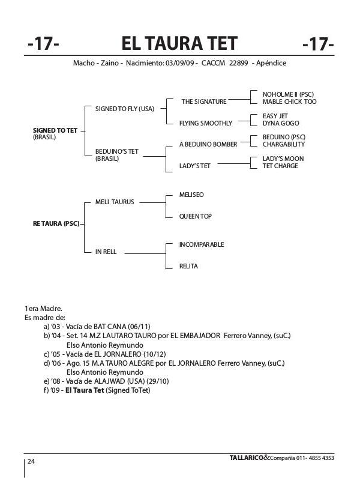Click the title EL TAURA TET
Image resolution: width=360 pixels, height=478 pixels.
click(x=179, y=44)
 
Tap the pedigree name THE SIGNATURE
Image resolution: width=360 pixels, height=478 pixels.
click(x=204, y=102)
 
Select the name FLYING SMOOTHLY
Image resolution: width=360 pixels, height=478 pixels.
click(x=205, y=123)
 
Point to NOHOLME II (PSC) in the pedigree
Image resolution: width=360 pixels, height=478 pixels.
click(x=288, y=95)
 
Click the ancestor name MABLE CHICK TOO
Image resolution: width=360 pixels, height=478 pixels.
click(x=289, y=102)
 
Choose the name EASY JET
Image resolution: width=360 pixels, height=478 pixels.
click(x=275, y=116)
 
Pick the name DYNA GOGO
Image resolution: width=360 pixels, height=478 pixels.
click(x=280, y=123)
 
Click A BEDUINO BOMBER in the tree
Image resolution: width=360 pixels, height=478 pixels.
click(x=208, y=145)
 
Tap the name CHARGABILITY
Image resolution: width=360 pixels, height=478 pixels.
click(x=284, y=145)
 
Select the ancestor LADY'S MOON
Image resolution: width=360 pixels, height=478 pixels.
click(x=283, y=159)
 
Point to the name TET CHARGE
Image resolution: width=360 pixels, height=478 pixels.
click(x=280, y=166)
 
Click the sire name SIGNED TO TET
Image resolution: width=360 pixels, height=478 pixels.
click(x=55, y=130)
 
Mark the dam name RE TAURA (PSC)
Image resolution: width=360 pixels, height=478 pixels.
click(x=56, y=223)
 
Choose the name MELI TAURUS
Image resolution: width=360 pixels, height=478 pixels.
click(x=115, y=202)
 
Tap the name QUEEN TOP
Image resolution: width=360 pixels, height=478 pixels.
click(x=195, y=216)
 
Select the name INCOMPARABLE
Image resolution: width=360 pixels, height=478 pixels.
click(x=202, y=244)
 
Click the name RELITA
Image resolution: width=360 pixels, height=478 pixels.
click(x=188, y=266)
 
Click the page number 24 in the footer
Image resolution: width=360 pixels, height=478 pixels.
click(x=31, y=461)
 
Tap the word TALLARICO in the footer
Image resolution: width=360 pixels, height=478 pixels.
click(x=246, y=458)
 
